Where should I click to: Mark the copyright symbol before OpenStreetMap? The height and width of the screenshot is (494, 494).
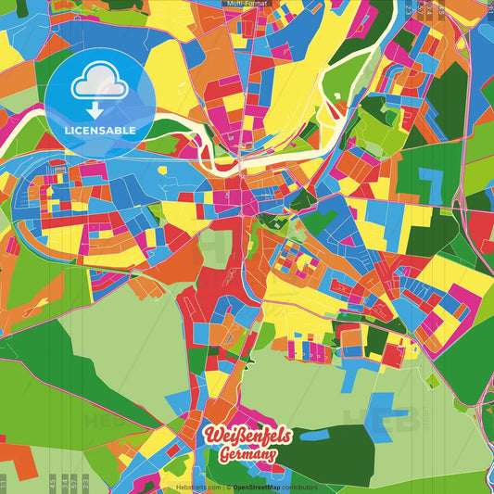click(x=228, y=487)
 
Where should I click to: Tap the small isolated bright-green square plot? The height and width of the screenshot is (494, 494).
click(x=432, y=380)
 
